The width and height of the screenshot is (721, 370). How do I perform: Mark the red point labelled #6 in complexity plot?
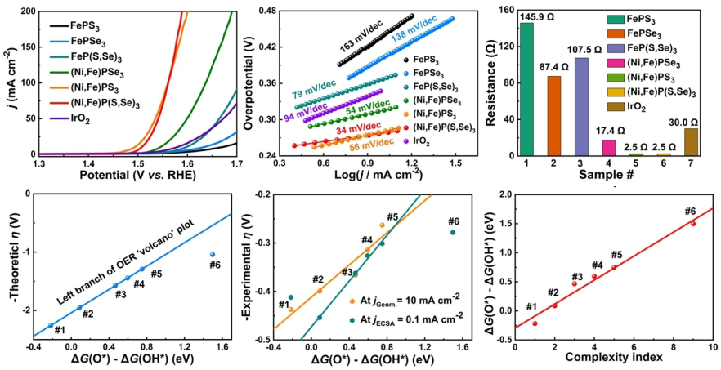click(693, 223)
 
